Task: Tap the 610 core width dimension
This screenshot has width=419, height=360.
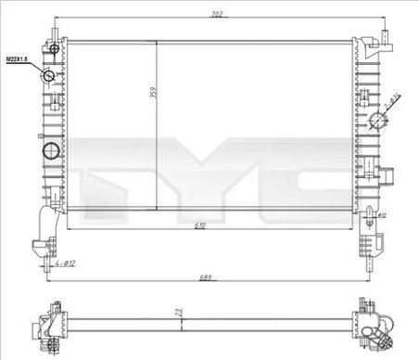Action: click(201, 225)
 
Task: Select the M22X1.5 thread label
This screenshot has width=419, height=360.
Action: click(19, 58)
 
